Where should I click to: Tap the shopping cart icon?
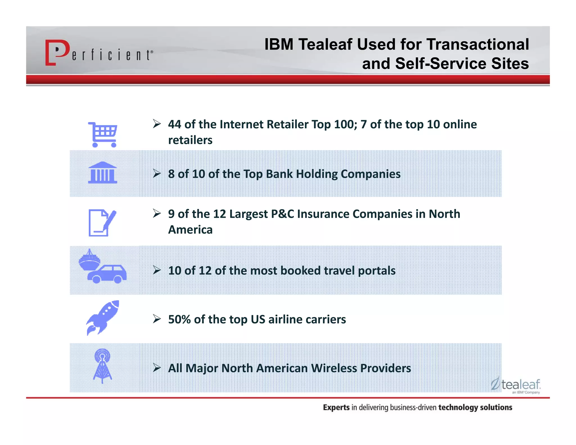click(x=103, y=134)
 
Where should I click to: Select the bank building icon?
click(x=102, y=173)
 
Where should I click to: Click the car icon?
click(x=107, y=274)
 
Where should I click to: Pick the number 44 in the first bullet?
click(x=175, y=124)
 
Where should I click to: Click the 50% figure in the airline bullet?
click(x=179, y=320)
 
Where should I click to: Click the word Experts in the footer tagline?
click(x=336, y=407)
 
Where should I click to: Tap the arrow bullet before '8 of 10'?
click(x=157, y=174)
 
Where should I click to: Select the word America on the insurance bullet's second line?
click(x=190, y=230)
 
